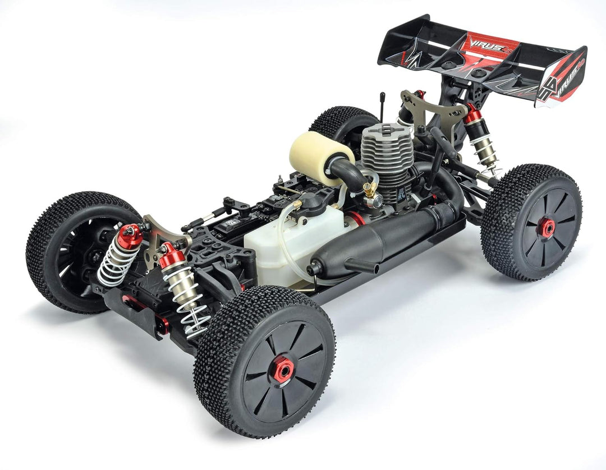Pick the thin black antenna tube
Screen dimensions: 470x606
click(x=382, y=107)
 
